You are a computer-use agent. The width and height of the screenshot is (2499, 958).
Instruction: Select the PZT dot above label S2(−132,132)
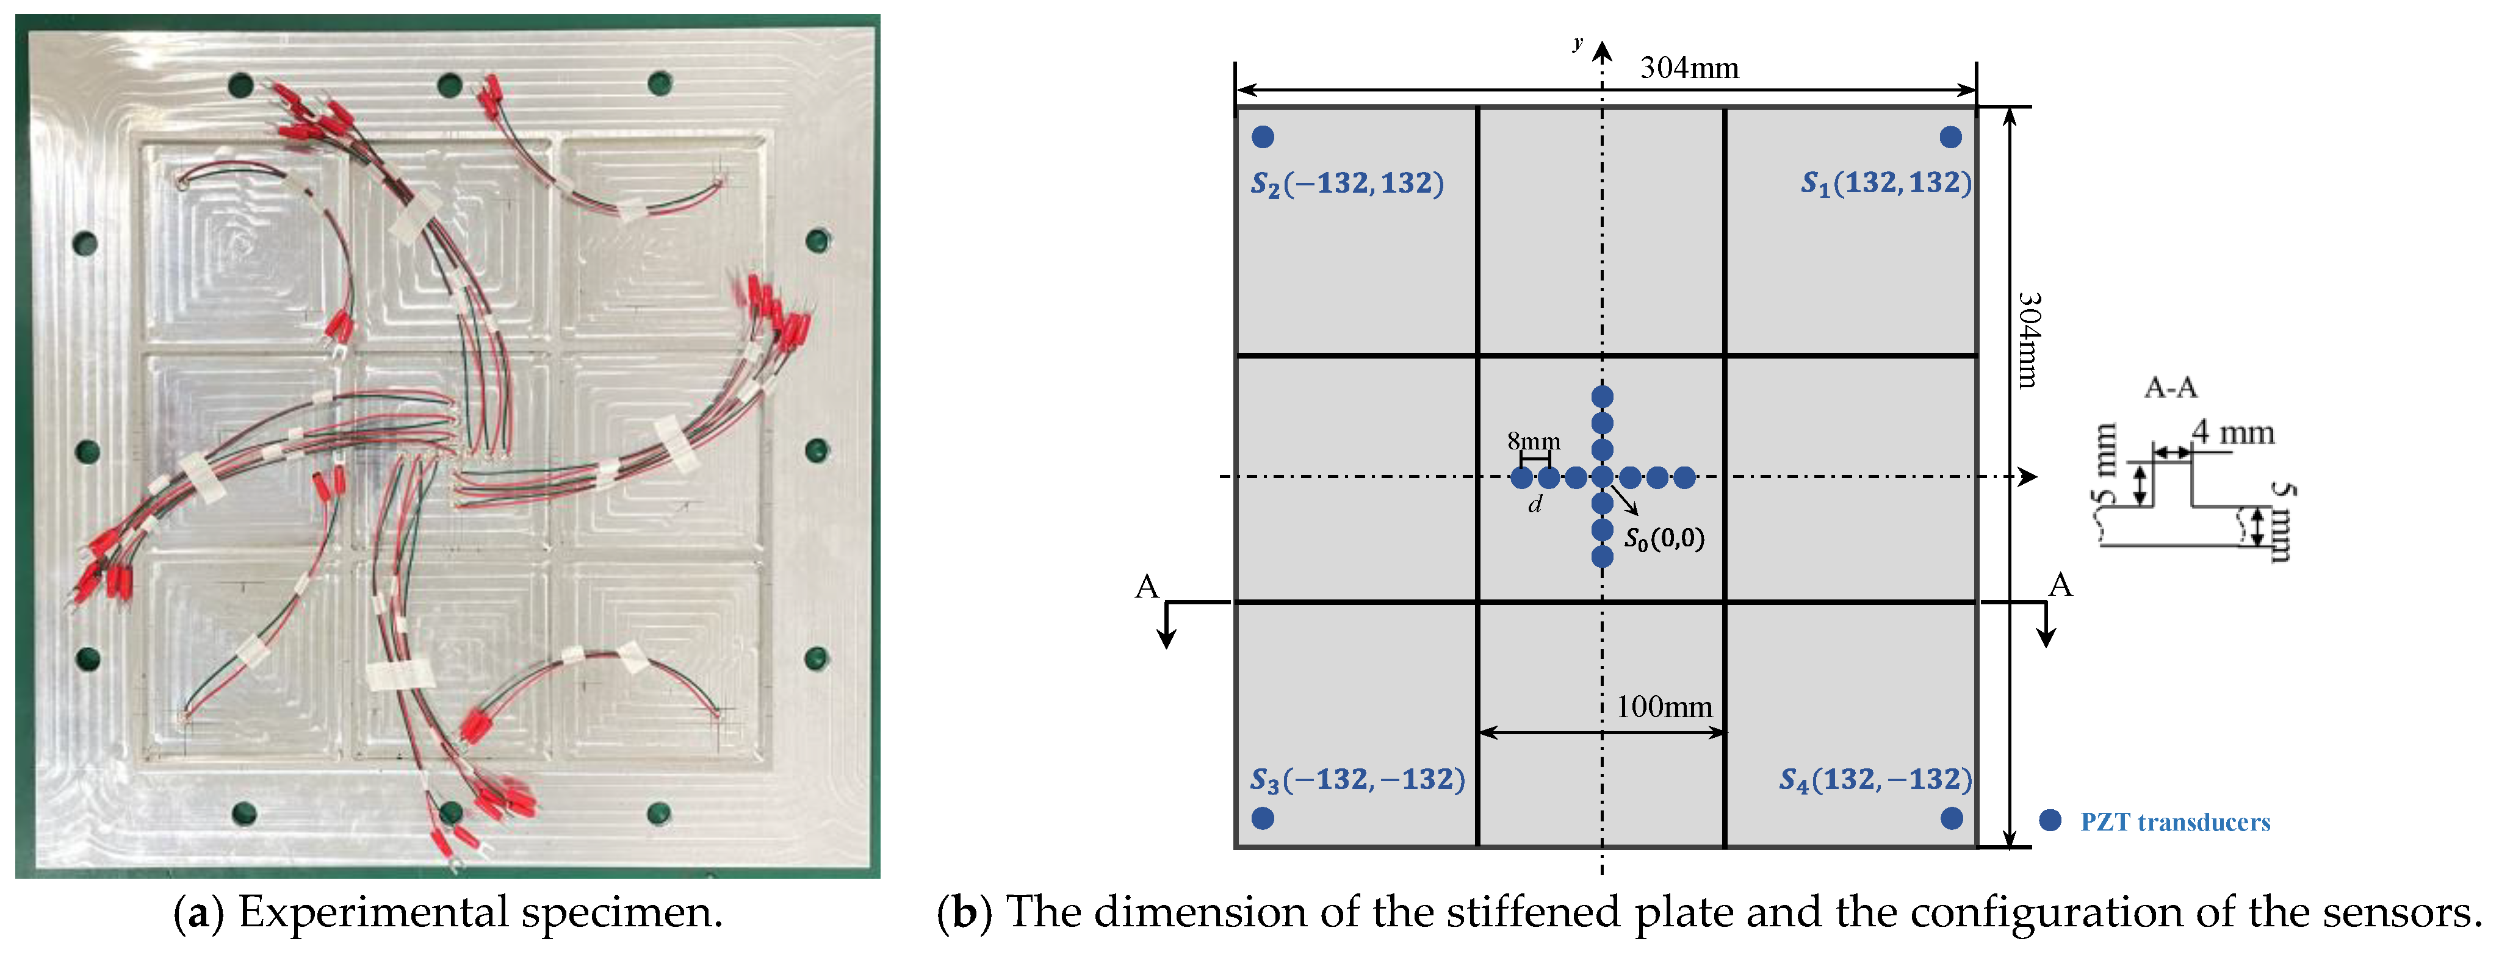coord(1262,137)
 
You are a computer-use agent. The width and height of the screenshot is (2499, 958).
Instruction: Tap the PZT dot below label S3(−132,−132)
coord(1262,818)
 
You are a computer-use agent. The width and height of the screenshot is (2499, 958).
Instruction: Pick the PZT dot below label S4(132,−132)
coord(1952,818)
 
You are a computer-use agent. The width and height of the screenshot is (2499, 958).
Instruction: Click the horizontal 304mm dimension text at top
coord(1689,68)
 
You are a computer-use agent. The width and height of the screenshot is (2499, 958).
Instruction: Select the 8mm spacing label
coord(1534,441)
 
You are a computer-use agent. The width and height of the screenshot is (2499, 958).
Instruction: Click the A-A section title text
coord(2170,388)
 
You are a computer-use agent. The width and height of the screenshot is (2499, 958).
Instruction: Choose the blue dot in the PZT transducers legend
coord(2050,820)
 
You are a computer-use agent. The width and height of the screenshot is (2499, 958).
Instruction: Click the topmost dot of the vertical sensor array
coord(1603,396)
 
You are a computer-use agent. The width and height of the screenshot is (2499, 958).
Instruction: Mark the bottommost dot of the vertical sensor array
coord(1603,557)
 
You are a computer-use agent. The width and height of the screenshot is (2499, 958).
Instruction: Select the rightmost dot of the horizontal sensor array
coord(1685,477)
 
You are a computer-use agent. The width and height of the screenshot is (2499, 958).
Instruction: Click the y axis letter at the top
coord(1578,43)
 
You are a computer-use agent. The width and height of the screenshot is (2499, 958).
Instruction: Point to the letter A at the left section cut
coord(1147,587)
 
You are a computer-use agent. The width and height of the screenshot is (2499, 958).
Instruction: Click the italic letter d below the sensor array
coord(1535,504)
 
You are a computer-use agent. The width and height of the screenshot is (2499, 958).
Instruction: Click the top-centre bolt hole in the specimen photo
coord(449,84)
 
